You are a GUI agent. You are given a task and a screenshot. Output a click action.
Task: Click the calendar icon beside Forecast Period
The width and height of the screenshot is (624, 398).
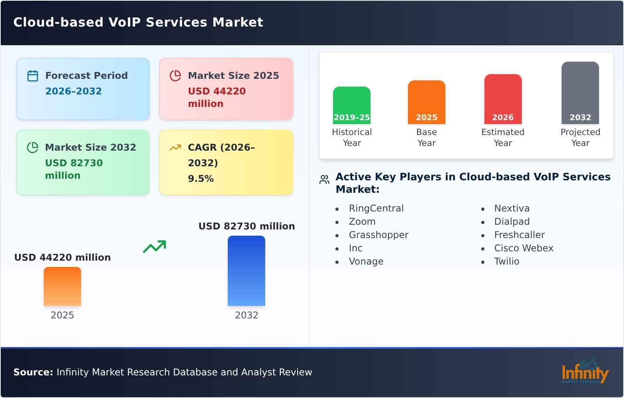(33, 76)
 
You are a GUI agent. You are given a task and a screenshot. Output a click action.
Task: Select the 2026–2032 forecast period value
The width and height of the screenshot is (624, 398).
(73, 91)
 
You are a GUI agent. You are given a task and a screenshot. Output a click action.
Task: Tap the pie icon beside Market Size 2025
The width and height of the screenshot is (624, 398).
(175, 76)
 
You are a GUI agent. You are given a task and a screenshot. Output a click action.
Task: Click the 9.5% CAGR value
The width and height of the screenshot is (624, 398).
(200, 179)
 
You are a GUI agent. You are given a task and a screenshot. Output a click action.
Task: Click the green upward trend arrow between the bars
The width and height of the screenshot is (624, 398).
(154, 247)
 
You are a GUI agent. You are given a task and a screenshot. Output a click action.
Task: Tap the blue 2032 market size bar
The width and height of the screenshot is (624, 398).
(246, 271)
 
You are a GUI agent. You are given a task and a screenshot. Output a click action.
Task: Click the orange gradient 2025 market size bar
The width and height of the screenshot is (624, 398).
(62, 286)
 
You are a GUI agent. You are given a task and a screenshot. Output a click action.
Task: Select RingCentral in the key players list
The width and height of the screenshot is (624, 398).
(376, 208)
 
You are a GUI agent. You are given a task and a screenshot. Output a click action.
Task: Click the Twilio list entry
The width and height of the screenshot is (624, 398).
(507, 261)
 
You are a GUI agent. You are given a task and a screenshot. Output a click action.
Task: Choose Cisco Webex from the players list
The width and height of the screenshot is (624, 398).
(523, 248)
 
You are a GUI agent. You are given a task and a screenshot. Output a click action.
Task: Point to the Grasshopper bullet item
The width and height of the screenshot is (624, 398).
(378, 235)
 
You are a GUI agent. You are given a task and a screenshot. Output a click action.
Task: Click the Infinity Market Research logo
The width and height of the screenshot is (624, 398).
(585, 372)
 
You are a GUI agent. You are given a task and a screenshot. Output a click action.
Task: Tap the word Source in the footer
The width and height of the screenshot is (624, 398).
(33, 372)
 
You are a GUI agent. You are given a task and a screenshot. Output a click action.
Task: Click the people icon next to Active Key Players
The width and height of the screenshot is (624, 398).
(324, 179)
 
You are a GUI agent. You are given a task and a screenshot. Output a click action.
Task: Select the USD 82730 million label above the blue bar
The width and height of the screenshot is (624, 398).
(246, 226)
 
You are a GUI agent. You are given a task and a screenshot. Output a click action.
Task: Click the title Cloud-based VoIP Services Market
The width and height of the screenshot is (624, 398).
(138, 22)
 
